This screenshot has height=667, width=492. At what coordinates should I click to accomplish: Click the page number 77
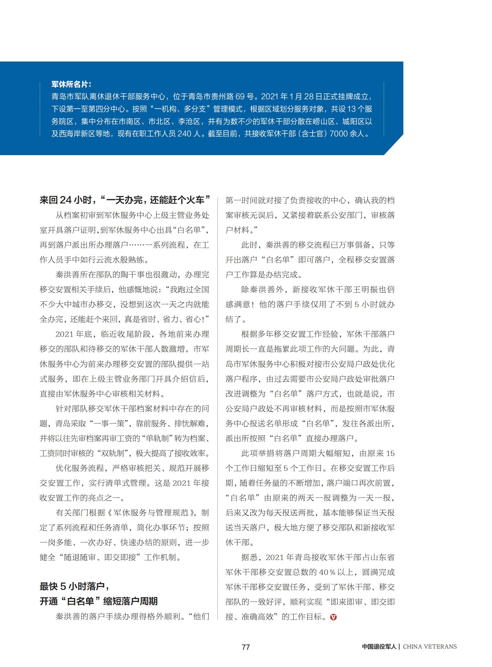click(246, 647)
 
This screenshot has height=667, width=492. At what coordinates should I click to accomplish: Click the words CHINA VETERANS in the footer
click(430, 646)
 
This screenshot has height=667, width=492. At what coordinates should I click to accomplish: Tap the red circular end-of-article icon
click(333, 617)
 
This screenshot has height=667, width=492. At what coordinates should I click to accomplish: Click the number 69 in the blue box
click(240, 97)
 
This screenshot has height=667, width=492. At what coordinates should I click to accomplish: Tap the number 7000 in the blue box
click(338, 134)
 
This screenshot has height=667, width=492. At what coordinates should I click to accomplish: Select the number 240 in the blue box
click(184, 134)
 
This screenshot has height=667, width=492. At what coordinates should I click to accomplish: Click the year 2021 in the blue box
click(269, 97)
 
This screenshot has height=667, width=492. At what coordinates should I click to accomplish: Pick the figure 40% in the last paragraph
click(327, 572)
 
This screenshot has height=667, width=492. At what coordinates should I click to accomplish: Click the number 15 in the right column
click(390, 453)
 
